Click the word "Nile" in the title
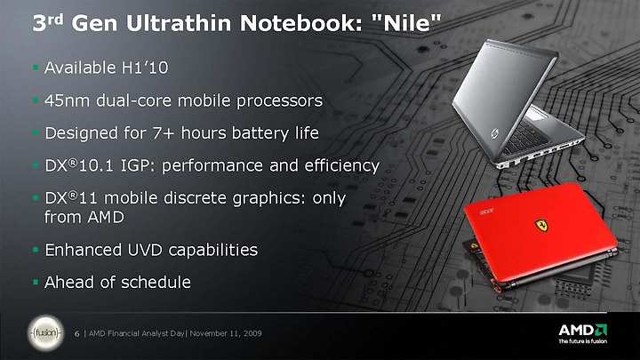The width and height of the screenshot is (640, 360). click(405, 23)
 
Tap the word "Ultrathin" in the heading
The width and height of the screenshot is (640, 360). click(179, 23)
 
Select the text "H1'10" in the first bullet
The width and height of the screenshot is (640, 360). click(145, 68)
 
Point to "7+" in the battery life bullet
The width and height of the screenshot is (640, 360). click(164, 133)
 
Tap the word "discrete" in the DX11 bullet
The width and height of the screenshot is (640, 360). click(195, 198)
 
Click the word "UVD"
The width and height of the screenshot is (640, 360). click(145, 250)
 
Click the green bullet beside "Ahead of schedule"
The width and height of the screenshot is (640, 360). click(36, 282)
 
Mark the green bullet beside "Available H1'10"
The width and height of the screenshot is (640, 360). click(36, 67)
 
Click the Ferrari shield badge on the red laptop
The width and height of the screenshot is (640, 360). click(541, 226)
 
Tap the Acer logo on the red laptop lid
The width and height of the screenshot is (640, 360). click(485, 212)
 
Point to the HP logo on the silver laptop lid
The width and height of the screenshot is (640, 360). click(495, 134)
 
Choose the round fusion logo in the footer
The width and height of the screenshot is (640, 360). click(45, 333)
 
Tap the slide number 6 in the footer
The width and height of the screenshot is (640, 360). click(76, 333)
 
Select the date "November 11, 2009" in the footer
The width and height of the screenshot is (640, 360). click(226, 333)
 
